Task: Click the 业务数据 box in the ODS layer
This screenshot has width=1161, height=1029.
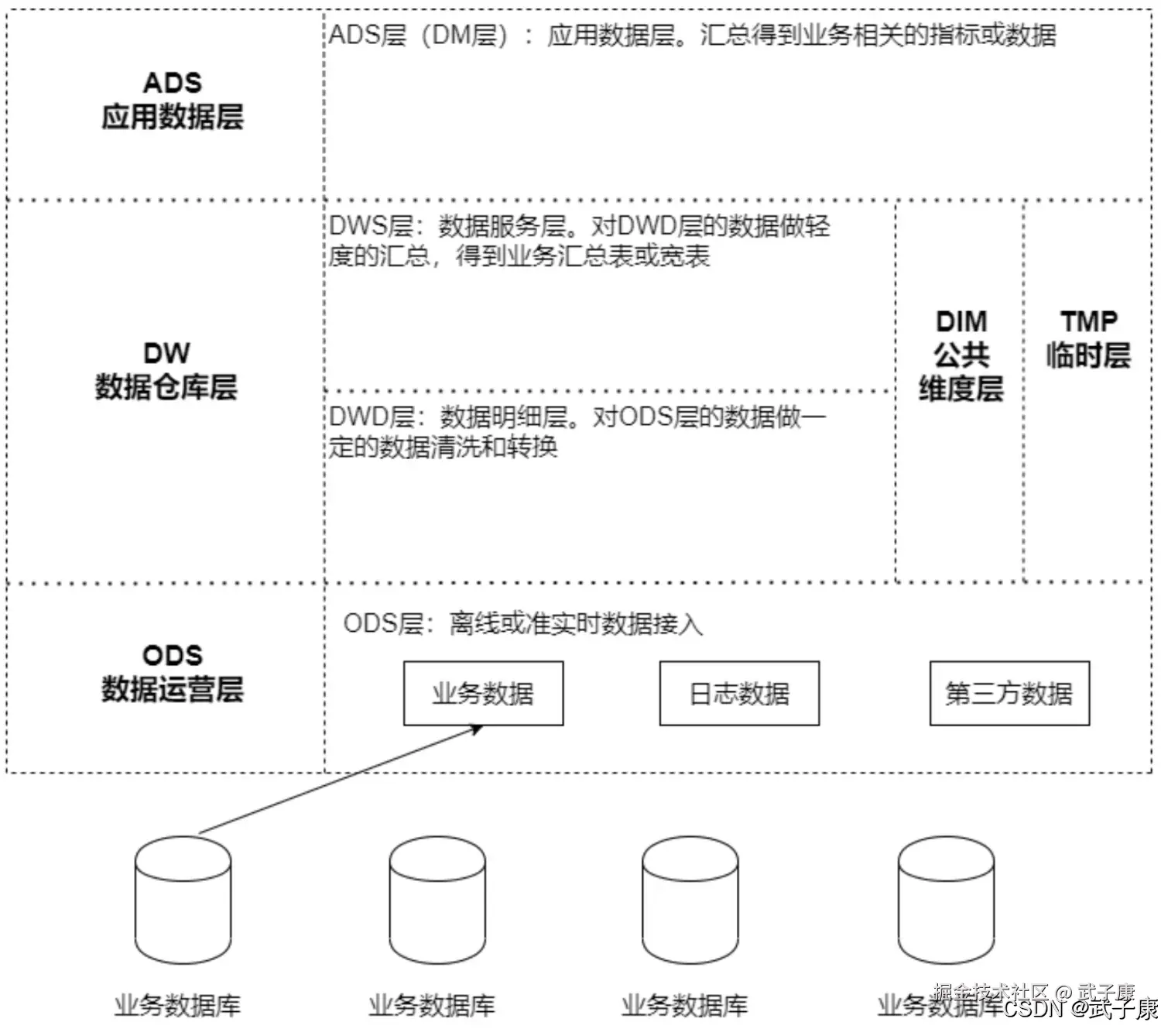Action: coord(483,694)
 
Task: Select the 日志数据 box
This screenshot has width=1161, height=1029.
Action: coord(739,694)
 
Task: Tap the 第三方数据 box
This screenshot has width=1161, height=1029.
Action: coord(1009,694)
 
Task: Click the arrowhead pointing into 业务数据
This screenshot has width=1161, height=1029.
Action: coord(477,729)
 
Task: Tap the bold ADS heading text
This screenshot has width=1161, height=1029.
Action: coord(173,83)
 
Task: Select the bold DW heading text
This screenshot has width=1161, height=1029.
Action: coord(166,354)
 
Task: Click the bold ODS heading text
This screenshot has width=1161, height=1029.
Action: coord(173,656)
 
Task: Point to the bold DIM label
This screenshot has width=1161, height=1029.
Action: coord(961,321)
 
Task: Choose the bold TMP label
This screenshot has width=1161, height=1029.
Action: coord(1088,321)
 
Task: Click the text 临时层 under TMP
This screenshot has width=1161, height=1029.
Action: coord(1088,355)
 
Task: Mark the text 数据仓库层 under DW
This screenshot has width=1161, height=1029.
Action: coord(166,387)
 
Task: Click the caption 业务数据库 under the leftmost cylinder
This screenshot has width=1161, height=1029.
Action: coord(177,1006)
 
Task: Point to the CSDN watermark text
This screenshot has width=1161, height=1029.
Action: coord(1035,1008)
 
